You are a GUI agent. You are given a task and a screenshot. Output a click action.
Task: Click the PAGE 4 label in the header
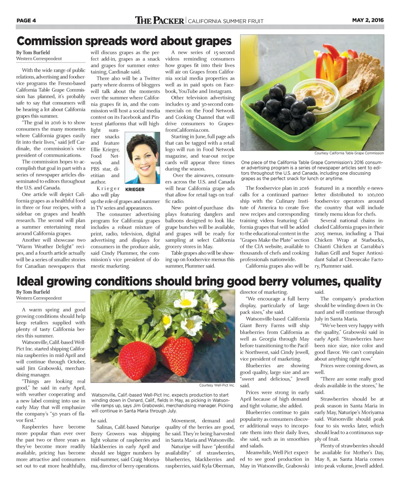[26, 20]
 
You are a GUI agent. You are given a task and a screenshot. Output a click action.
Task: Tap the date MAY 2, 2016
[368, 20]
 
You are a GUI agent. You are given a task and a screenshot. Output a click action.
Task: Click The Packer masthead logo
[159, 20]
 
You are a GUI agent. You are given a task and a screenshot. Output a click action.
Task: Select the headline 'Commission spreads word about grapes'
[124, 41]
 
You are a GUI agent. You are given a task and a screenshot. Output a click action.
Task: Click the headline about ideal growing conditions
[199, 281]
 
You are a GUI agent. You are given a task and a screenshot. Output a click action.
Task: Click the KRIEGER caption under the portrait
[135, 189]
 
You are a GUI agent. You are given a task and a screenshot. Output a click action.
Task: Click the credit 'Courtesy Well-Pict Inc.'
[217, 385]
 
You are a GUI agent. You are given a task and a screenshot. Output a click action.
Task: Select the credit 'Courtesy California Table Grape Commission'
[349, 153]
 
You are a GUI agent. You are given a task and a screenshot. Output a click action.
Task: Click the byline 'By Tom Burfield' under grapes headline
[33, 52]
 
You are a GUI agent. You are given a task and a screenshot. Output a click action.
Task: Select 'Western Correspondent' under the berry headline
[39, 298]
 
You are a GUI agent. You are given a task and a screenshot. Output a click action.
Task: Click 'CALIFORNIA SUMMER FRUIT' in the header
[226, 21]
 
